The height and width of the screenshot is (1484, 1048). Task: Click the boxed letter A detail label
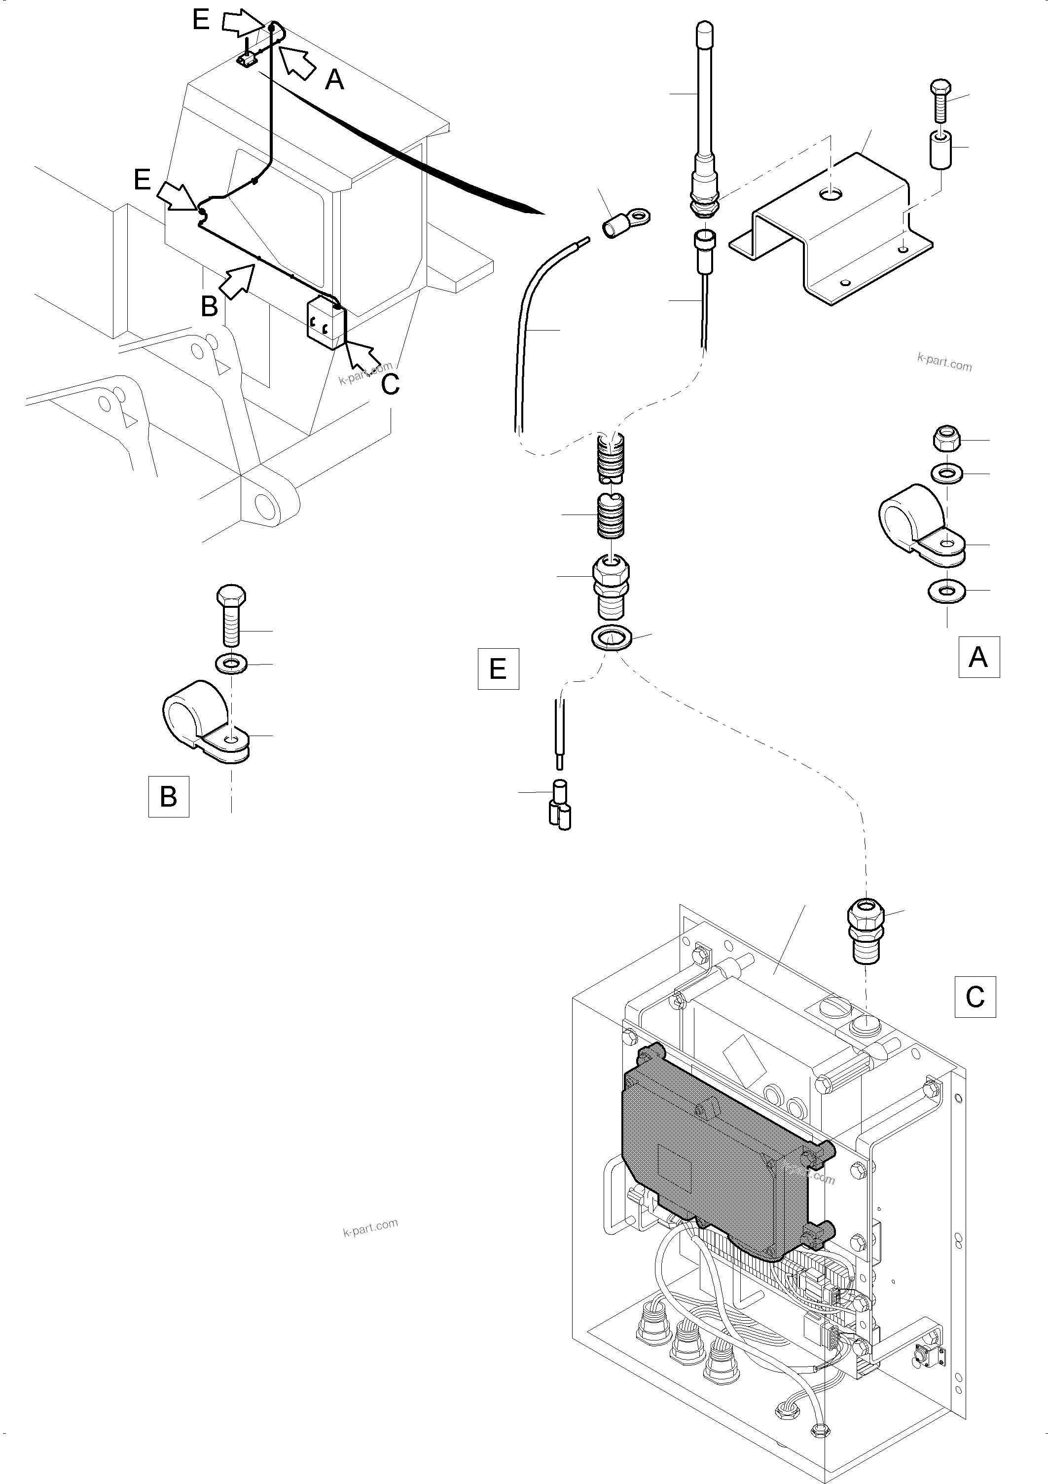click(x=978, y=657)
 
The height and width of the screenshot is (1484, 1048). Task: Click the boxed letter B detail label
click(x=169, y=797)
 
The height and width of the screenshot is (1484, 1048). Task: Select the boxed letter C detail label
click(x=975, y=997)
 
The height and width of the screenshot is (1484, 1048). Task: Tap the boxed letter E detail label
click(x=498, y=668)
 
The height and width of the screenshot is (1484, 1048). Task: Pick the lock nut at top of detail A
click(x=946, y=439)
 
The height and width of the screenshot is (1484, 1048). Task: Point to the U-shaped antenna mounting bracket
click(x=833, y=226)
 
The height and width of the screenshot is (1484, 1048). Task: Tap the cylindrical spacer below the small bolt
click(x=941, y=150)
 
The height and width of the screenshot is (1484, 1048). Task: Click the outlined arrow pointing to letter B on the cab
click(x=237, y=279)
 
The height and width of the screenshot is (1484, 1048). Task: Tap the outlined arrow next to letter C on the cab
click(x=364, y=357)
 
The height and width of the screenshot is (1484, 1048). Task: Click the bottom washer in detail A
click(x=946, y=590)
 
